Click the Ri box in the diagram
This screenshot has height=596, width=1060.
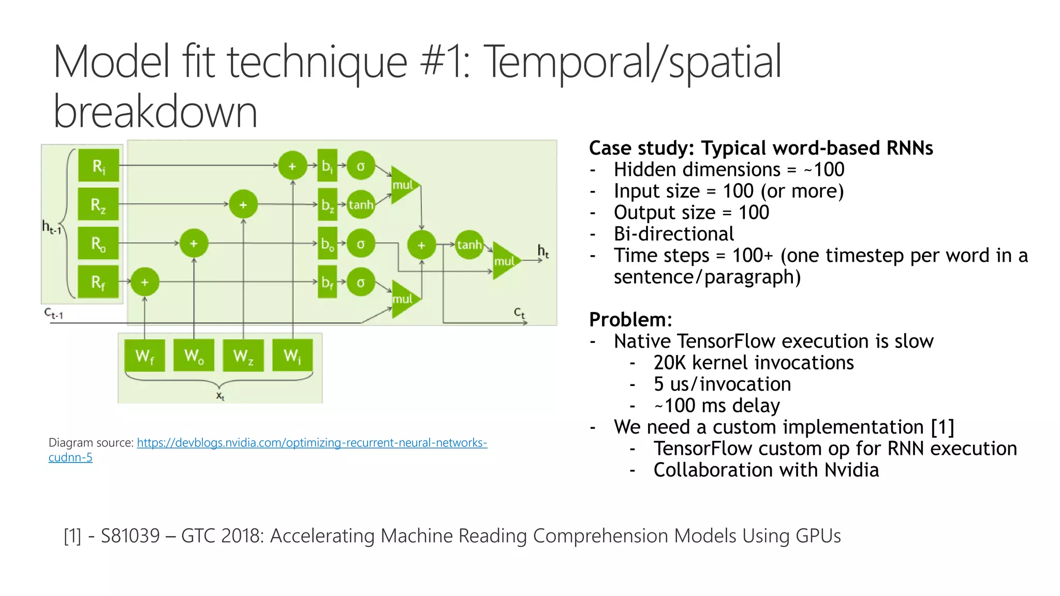(x=98, y=166)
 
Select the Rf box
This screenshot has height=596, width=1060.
(x=98, y=282)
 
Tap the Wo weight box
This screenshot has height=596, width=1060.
(x=194, y=355)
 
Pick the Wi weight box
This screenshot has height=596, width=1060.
(x=292, y=355)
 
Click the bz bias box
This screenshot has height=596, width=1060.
(x=327, y=205)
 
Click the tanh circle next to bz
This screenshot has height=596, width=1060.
(x=361, y=205)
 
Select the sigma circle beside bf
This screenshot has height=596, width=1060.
(x=361, y=282)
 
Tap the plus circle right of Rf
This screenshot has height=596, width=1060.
(x=144, y=282)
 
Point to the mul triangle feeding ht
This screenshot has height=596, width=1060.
(x=505, y=260)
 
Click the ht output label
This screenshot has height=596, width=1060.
(x=543, y=251)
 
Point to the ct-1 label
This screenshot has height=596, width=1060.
(x=53, y=313)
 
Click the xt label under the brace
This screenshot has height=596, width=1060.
(x=220, y=396)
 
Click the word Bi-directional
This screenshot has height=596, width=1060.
(x=673, y=234)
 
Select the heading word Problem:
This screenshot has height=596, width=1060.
(x=630, y=320)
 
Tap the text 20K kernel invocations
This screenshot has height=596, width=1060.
(x=753, y=363)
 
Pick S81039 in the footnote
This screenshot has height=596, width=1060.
(x=130, y=536)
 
